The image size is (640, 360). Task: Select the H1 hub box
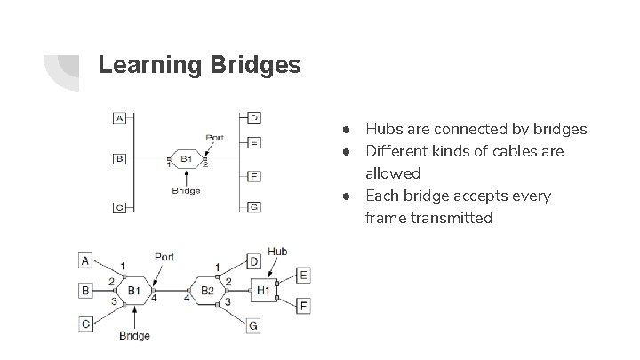tap(263, 289)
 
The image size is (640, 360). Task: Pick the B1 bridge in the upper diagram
tap(187, 159)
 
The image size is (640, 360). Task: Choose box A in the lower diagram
tap(85, 260)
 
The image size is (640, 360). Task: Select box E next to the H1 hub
tap(303, 276)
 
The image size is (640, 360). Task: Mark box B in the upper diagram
tap(118, 159)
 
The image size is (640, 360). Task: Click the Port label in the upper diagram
tap(214, 137)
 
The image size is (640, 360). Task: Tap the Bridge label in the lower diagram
tap(135, 335)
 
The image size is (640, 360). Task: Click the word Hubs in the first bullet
tap(383, 130)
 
